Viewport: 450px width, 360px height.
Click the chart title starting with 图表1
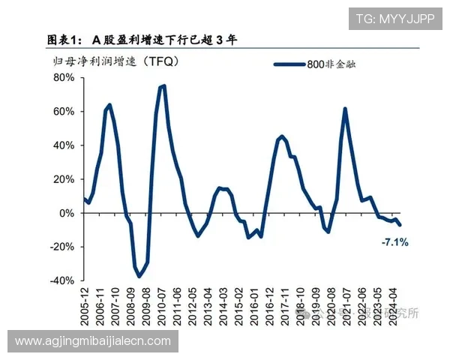click(142, 40)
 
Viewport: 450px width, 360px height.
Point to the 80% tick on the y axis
click(62, 77)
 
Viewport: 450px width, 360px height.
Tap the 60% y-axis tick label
click(62, 111)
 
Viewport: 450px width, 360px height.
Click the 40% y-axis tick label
click(62, 145)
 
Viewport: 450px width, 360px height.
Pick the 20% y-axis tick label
click(62, 178)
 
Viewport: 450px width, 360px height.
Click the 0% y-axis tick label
click(65, 212)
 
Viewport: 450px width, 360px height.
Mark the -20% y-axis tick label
click(61, 246)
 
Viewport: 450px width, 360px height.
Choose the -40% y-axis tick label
click(61, 280)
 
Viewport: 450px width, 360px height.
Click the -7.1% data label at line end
click(394, 242)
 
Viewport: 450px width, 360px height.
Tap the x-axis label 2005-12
click(85, 306)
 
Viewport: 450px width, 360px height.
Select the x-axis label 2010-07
click(162, 306)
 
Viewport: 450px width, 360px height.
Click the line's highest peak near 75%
click(163, 86)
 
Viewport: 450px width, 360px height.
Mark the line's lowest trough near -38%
click(139, 277)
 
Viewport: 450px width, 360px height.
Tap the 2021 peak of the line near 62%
click(345, 109)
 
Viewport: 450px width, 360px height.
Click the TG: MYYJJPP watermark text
click(394, 19)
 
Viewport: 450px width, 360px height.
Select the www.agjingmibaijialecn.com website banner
click(93, 341)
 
